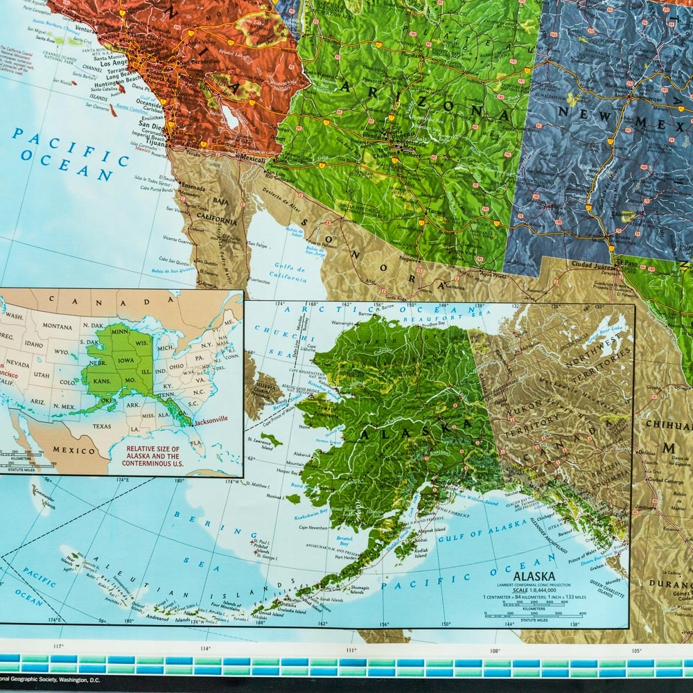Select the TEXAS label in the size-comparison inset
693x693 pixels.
(102, 426)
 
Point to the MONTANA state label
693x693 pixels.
(57, 326)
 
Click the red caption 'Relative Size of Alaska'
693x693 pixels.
(152, 453)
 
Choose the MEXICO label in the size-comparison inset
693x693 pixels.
(75, 450)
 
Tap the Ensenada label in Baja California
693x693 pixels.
(193, 186)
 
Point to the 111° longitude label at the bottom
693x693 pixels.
(351, 649)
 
